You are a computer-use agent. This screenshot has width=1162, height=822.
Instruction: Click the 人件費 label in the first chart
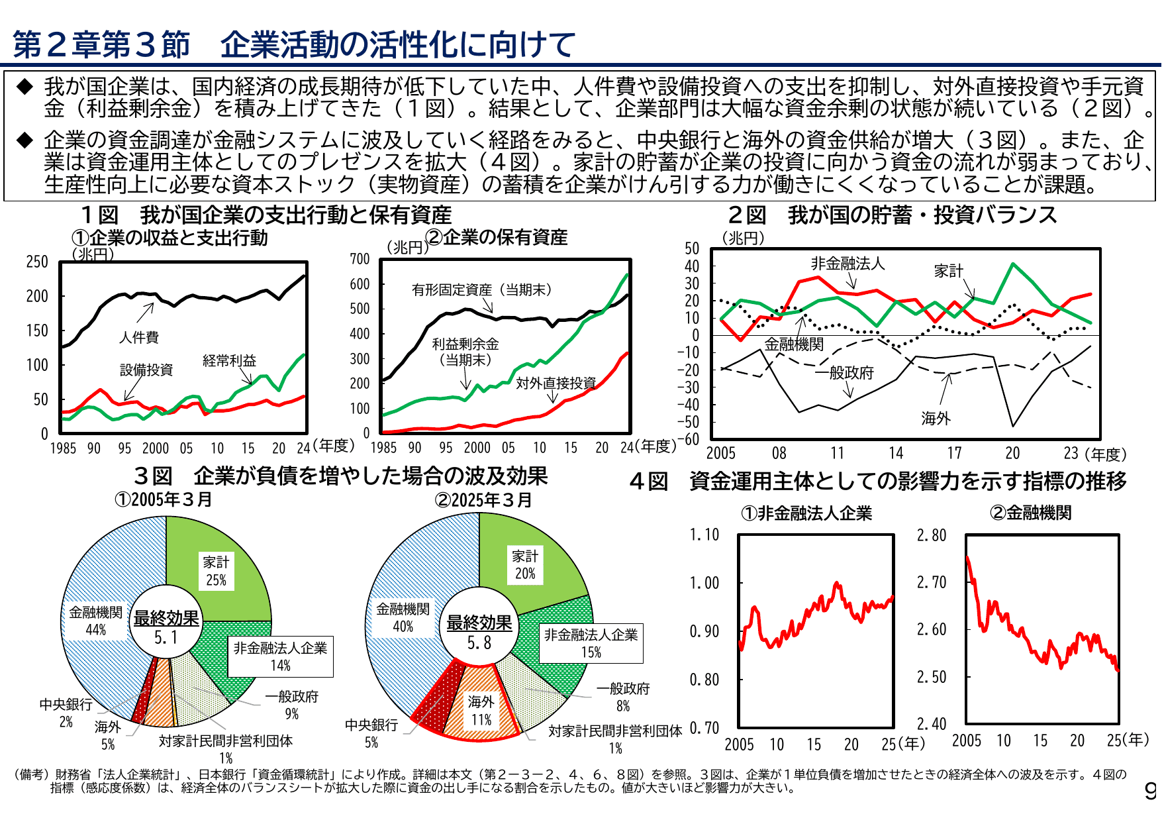coord(139,337)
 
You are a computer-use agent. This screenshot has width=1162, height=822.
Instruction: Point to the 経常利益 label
coord(229,360)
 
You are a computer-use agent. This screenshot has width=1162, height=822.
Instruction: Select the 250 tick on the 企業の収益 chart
coord(37,262)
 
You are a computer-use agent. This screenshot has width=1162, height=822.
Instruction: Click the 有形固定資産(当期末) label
coord(481,289)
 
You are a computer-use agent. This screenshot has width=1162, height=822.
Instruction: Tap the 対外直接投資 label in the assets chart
coord(556,383)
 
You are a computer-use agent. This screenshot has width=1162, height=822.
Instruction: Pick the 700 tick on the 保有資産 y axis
coord(360,259)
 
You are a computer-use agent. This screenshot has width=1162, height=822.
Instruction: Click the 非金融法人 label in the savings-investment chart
coord(847,264)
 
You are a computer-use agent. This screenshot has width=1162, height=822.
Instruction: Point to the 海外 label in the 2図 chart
coord(936,418)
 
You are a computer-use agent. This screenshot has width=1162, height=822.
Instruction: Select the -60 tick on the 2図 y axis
coord(691,438)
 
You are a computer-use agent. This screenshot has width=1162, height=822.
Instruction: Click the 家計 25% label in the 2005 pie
coord(216,571)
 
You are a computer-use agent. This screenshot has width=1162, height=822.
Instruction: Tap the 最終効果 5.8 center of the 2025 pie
coord(479,633)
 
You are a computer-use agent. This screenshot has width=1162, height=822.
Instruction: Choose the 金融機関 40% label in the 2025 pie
coord(403,617)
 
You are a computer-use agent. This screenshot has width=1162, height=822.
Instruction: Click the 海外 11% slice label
coord(481,710)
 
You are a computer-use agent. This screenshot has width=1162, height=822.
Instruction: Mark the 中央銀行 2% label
coord(66,712)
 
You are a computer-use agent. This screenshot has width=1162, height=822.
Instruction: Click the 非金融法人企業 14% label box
coord(280,656)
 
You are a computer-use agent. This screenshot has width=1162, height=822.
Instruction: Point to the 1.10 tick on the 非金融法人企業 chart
coord(704,535)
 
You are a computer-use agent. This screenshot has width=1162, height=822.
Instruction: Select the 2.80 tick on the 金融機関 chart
coord(931,535)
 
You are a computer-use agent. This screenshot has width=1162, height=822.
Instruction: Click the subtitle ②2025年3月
coord(483,500)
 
